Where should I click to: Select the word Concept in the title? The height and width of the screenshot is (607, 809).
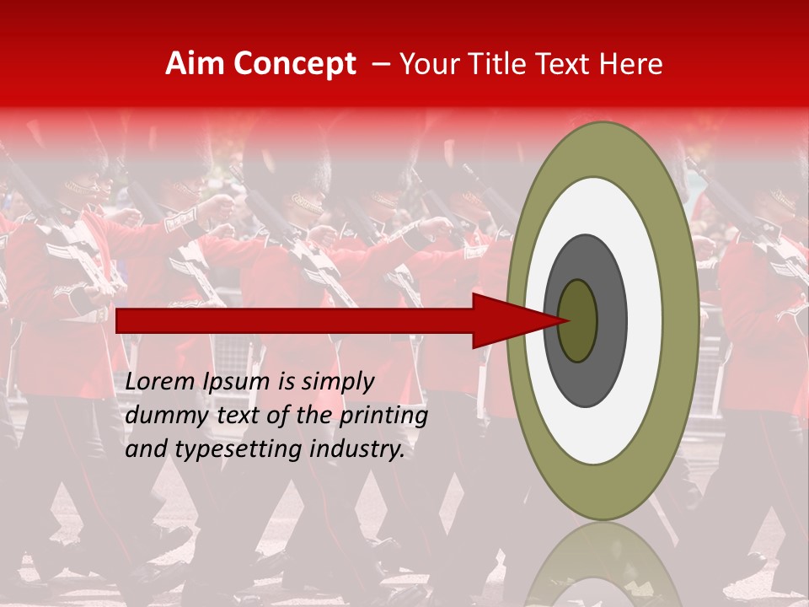pyautogui.click(x=294, y=64)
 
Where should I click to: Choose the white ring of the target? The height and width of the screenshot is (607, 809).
pyautogui.click(x=644, y=320)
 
